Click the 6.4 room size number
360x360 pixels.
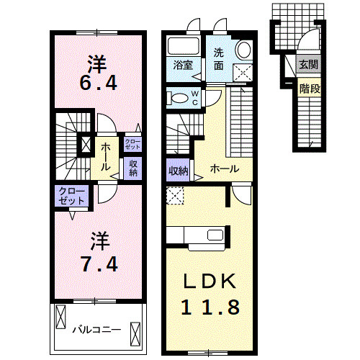pos(99,83)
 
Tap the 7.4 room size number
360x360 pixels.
pos(99,264)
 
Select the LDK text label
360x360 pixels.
pos(210,281)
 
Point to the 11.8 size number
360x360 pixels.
pos(210,307)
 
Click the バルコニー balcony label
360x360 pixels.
pos(97,330)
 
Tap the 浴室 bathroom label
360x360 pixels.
pos(183,65)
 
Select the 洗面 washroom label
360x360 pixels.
pos(219,59)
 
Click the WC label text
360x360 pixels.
pos(194,98)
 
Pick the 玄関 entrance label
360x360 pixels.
pos(309,64)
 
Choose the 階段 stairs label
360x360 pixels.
pos(310,89)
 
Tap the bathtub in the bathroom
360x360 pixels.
pos(184,46)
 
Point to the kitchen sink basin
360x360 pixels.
pos(215,235)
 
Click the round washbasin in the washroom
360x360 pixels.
pos(244,50)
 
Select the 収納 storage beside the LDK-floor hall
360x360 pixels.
pos(178,171)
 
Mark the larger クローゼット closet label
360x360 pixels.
pos(71,196)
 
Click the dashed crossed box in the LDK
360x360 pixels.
pos(175,196)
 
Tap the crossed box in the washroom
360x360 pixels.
pos(243,73)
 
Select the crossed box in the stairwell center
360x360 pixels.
pos(86,145)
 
